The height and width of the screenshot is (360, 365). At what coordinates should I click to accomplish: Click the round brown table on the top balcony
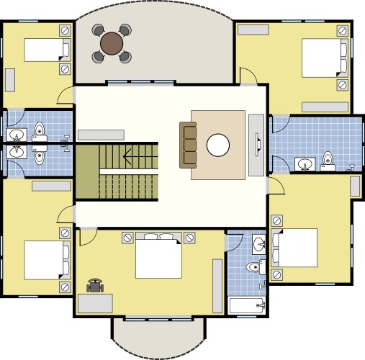coord(112,43)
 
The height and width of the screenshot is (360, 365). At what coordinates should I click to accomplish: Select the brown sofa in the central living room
coord(188,143)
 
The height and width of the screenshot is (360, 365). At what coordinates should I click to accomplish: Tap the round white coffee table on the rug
coord(218,145)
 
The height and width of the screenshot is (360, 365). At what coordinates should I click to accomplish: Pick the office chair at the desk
coord(95,286)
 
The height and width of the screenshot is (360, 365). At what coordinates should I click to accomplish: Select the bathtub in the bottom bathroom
coord(247,306)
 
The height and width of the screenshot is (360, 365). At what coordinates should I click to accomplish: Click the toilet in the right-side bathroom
coord(328,160)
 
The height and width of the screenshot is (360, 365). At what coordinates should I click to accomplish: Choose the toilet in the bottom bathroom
coord(253,268)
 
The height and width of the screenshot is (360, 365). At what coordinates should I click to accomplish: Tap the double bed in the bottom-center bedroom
coord(158,257)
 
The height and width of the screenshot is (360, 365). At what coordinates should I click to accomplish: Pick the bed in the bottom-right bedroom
coord(293,248)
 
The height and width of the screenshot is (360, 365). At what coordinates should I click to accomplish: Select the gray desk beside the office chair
coord(95,303)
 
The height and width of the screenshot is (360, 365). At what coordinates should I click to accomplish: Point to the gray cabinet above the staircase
coord(100,134)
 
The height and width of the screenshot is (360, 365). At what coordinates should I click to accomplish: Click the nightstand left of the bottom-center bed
coord(127,237)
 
